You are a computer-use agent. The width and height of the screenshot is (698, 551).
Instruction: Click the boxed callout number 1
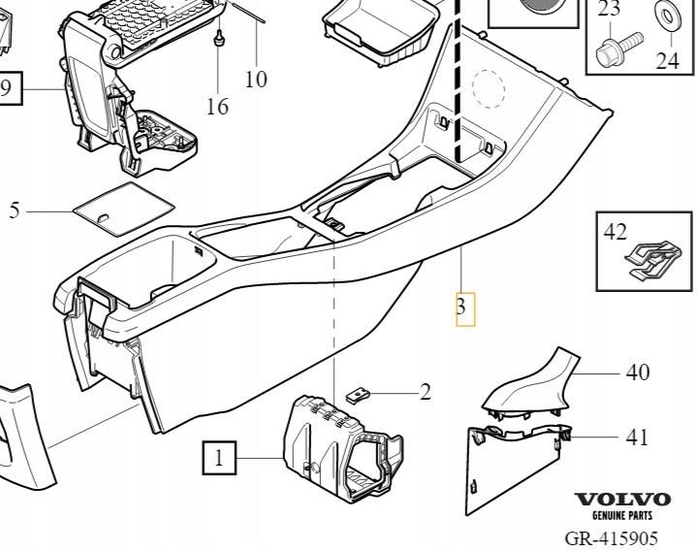pyautogui.click(x=220, y=457)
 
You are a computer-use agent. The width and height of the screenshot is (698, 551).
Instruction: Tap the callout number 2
pyautogui.click(x=425, y=393)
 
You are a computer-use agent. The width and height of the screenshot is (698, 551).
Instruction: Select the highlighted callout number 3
pyautogui.click(x=464, y=309)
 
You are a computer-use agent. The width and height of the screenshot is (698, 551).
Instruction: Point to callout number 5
pyautogui.click(x=15, y=211)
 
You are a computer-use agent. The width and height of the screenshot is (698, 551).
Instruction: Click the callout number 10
pyautogui.click(x=256, y=79)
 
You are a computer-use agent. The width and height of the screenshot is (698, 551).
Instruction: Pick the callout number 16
pyautogui.click(x=218, y=106)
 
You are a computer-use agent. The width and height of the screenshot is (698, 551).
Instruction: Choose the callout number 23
pyautogui.click(x=609, y=10)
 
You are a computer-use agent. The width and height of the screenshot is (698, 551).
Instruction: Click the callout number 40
pyautogui.click(x=637, y=373)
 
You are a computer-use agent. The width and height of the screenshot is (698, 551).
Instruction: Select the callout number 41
pyautogui.click(x=636, y=438)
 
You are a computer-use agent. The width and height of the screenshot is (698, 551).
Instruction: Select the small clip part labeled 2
pyautogui.click(x=359, y=395)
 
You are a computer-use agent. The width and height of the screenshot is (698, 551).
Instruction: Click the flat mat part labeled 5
pyautogui.click(x=124, y=206)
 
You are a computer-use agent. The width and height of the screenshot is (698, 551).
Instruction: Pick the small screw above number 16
pyautogui.click(x=220, y=39)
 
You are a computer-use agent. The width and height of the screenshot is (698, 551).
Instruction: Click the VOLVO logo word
pyautogui.click(x=623, y=500)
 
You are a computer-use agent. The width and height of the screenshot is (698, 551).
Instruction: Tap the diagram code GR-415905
pyautogui.click(x=623, y=536)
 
